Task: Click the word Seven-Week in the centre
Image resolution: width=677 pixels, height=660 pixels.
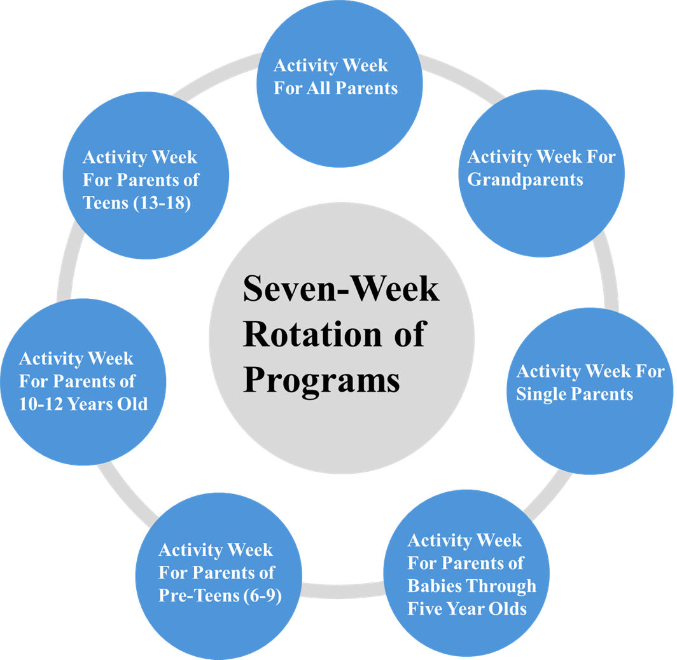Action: point(341,289)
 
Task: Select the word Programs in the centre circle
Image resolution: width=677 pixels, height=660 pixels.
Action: point(321,381)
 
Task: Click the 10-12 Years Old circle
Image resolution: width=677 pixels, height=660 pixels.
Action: point(83,382)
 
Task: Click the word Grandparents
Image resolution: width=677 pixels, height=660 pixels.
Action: point(525,180)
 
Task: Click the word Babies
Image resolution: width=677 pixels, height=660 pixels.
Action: point(438,586)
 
